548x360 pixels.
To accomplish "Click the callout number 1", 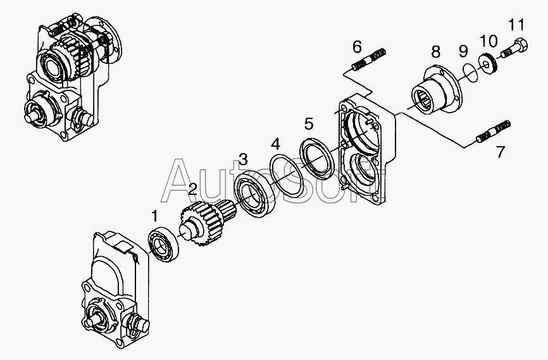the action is click(x=155, y=216).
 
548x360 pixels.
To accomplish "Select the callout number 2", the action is click(x=192, y=189).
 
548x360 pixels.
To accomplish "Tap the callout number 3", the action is click(x=243, y=159).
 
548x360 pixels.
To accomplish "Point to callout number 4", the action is click(x=276, y=144).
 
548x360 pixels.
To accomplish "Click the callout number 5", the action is click(x=309, y=124).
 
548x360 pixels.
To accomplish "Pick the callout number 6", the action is click(x=357, y=47).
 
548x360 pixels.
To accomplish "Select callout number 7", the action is click(x=501, y=152).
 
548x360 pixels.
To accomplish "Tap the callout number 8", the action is click(x=435, y=52).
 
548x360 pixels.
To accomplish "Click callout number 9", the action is click(x=463, y=52).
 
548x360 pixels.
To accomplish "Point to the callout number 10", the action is click(x=489, y=41).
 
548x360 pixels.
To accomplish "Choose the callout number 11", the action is click(x=516, y=25).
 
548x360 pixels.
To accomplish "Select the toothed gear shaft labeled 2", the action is click(x=208, y=221).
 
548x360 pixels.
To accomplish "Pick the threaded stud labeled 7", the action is click(x=493, y=132).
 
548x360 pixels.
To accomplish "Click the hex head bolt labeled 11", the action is click(x=514, y=49).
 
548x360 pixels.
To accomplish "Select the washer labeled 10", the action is click(x=488, y=63).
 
